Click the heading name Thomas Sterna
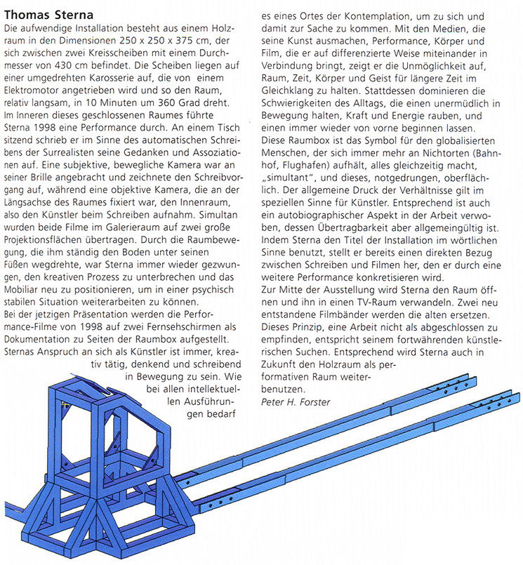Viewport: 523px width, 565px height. tap(51, 14)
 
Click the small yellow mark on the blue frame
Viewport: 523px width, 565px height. tap(65, 404)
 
